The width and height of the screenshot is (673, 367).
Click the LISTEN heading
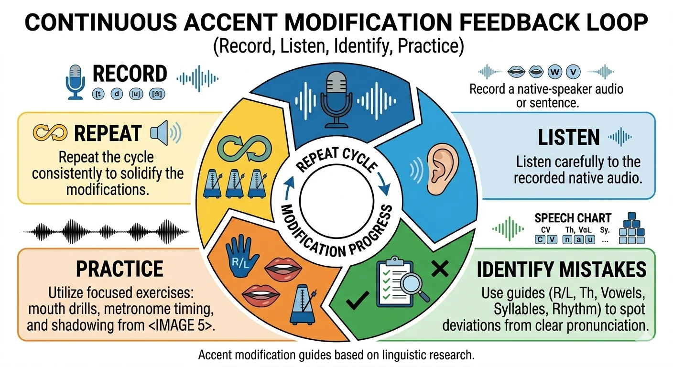(x=568, y=138)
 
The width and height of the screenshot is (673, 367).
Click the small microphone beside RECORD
(x=75, y=83)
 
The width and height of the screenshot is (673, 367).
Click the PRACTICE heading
(x=119, y=269)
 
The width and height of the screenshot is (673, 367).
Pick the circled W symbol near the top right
(x=555, y=72)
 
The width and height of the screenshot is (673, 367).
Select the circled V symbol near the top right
(x=573, y=72)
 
